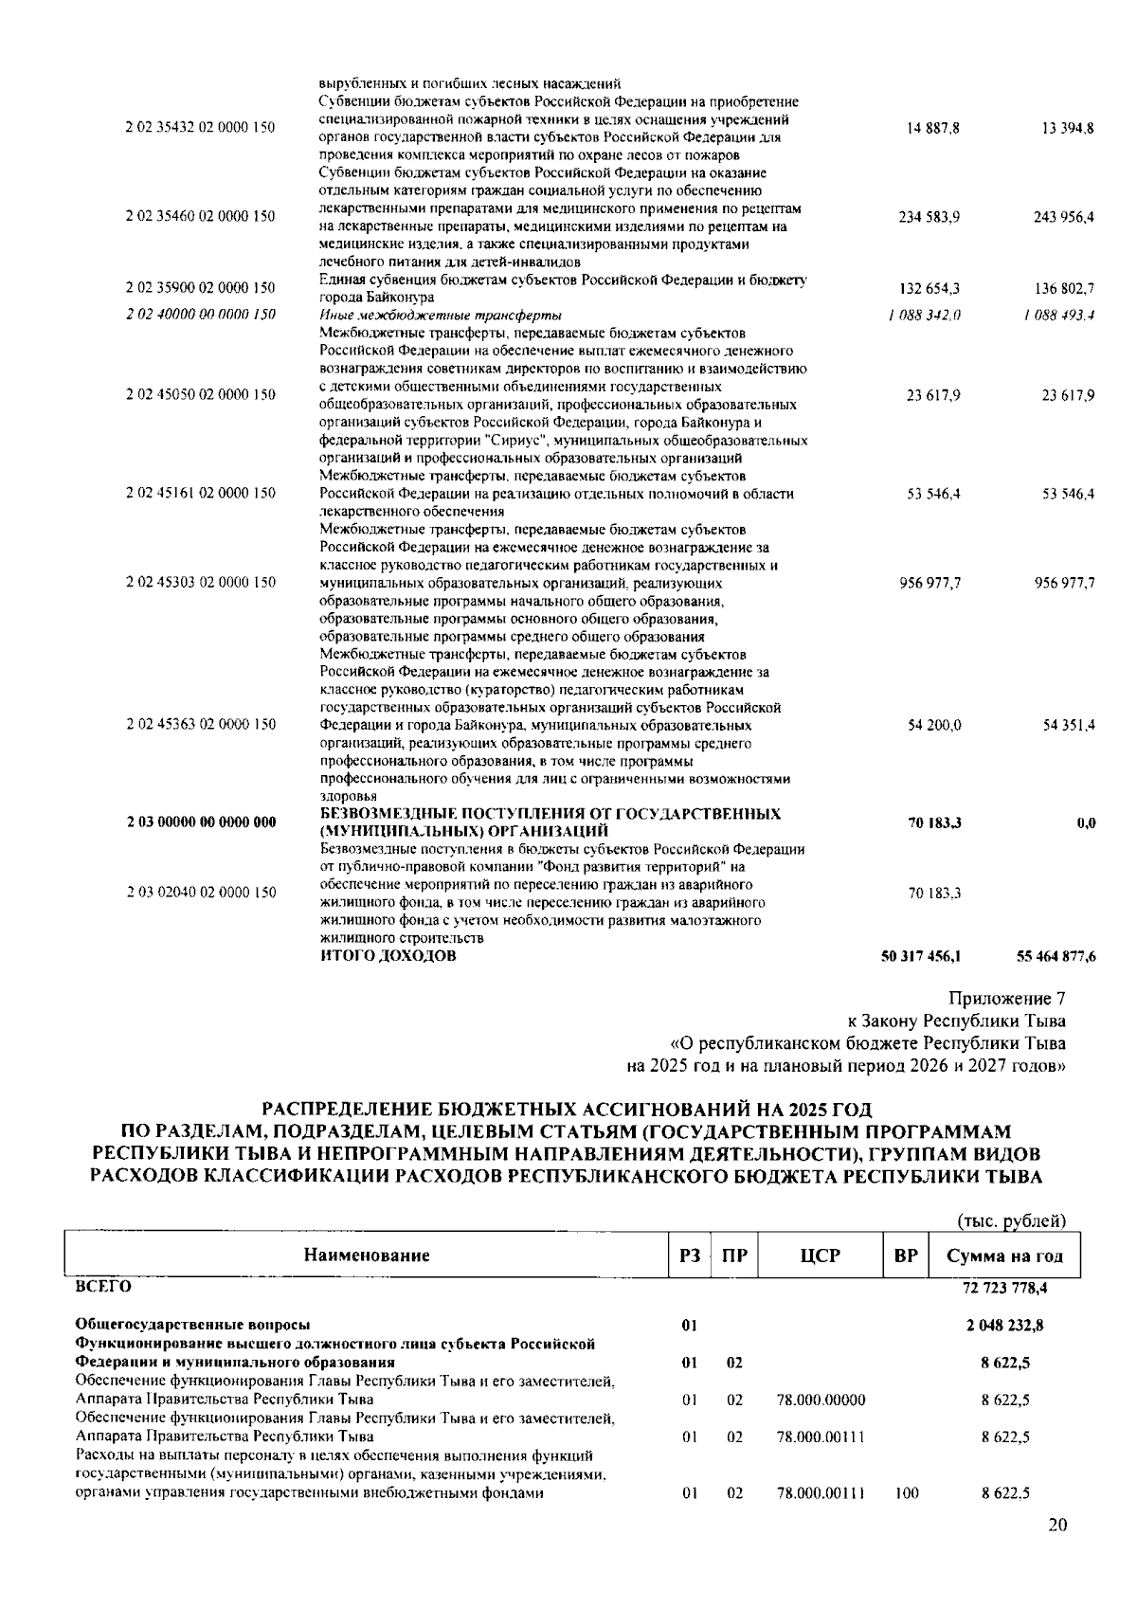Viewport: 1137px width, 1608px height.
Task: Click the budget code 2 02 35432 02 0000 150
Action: (x=200, y=128)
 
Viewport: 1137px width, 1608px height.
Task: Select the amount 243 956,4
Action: (x=1064, y=217)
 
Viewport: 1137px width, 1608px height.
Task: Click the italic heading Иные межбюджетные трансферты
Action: (x=441, y=315)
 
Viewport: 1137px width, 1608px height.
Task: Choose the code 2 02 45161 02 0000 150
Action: (x=200, y=494)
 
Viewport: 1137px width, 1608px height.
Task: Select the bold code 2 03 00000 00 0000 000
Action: (x=200, y=822)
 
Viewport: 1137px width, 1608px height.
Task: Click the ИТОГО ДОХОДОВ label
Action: (x=388, y=956)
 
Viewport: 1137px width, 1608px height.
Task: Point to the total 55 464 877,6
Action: (x=1056, y=957)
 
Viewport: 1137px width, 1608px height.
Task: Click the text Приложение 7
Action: (x=1006, y=999)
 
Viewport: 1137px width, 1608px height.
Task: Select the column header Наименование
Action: (x=367, y=1256)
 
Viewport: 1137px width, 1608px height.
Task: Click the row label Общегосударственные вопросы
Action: (x=192, y=1326)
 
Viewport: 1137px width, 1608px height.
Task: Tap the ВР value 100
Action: (x=906, y=1493)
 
